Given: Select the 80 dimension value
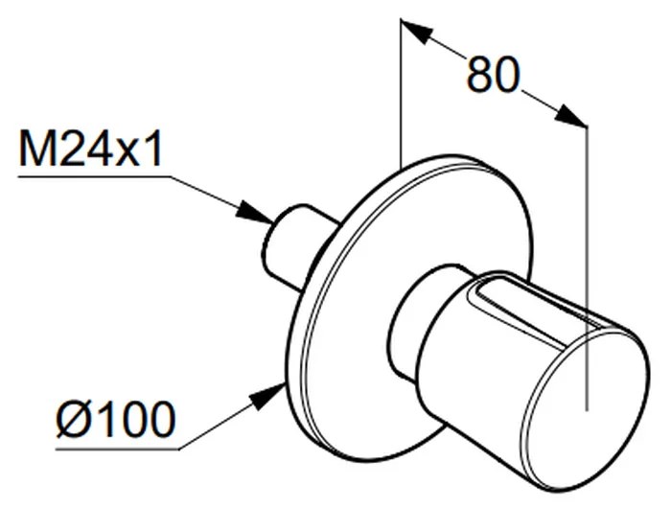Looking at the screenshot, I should pos(493,74).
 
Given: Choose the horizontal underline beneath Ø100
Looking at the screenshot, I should pos(116,447).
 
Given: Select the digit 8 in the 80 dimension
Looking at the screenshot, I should pos(479,74).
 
